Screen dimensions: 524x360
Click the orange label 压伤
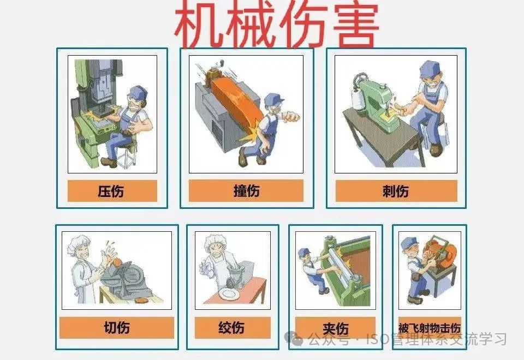pos(112,191)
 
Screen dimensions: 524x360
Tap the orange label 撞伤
pos(246,191)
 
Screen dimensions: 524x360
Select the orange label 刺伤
pos(396,191)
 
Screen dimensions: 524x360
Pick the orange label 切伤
pos(117,328)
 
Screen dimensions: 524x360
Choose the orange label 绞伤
pos(233,328)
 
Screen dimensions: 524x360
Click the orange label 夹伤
pos(336,328)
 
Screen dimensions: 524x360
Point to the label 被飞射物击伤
pos(430,328)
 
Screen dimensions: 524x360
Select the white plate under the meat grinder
pos(229,294)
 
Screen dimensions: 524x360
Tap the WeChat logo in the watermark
pos(294,338)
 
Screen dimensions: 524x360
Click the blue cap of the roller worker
pos(305,251)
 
